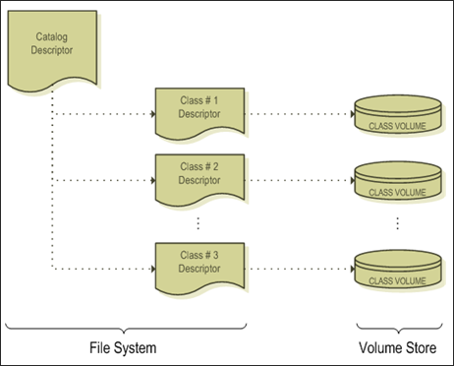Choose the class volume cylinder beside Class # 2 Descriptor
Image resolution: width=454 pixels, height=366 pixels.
[x=396, y=182]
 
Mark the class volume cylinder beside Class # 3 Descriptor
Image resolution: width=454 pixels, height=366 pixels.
[x=396, y=270]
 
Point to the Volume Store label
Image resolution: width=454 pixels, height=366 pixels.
[x=396, y=346]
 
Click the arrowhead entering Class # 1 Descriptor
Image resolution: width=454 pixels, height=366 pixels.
[x=151, y=115]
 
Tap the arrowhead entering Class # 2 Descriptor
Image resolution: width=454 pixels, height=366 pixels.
[x=151, y=181]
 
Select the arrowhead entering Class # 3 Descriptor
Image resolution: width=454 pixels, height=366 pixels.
[x=151, y=269]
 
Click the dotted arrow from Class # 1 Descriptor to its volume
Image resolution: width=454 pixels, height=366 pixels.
[x=300, y=115]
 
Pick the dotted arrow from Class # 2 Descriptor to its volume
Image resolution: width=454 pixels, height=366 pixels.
[x=300, y=181]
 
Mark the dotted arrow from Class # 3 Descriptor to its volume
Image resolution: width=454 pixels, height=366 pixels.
[x=300, y=269]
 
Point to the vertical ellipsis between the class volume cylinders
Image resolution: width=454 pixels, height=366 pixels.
[x=397, y=223]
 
